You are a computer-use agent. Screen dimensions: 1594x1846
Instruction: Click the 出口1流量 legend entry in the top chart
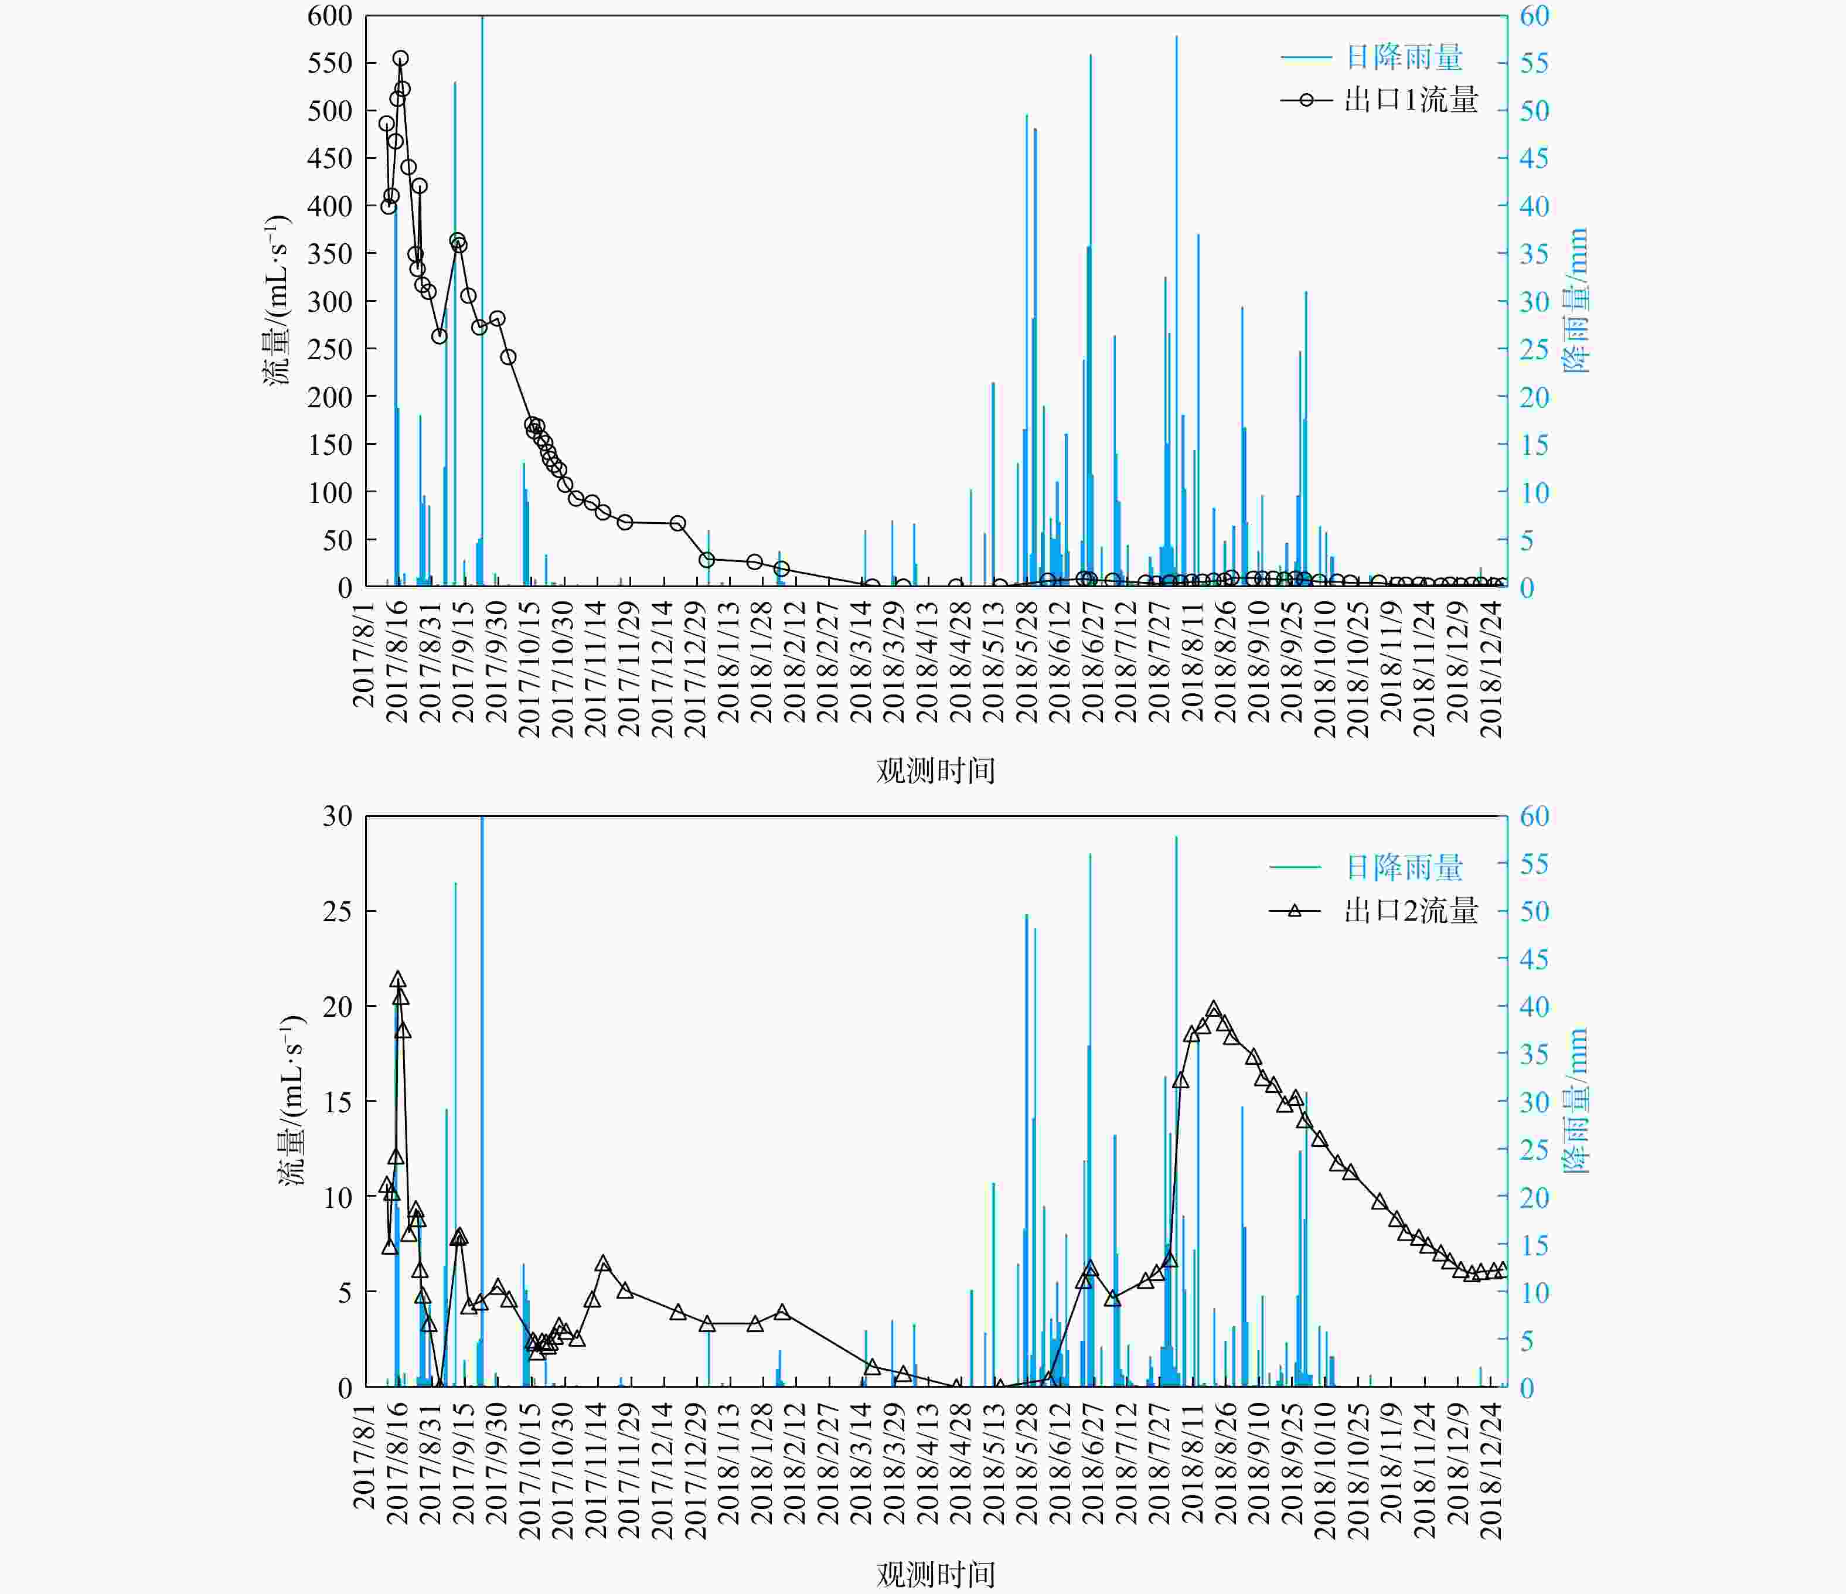click(1411, 100)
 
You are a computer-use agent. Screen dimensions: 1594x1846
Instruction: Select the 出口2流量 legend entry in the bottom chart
click(1411, 911)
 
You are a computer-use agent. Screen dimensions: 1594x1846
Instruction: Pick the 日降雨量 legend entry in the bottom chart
click(1403, 867)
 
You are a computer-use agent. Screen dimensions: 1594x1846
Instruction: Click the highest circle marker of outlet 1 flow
click(401, 59)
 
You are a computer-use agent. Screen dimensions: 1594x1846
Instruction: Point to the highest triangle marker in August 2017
click(399, 980)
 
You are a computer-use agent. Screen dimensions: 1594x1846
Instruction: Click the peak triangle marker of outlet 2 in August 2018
click(1214, 1010)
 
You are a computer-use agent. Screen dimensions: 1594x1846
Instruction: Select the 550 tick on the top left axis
click(329, 63)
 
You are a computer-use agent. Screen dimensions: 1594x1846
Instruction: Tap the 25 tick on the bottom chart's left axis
click(338, 911)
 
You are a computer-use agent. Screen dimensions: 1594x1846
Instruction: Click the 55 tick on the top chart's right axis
click(1534, 63)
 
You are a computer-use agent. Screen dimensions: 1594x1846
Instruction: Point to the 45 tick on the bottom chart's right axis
click(1534, 959)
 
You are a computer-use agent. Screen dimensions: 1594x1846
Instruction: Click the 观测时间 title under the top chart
click(935, 771)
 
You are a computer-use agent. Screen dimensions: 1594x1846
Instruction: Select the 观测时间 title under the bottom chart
click(935, 1575)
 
